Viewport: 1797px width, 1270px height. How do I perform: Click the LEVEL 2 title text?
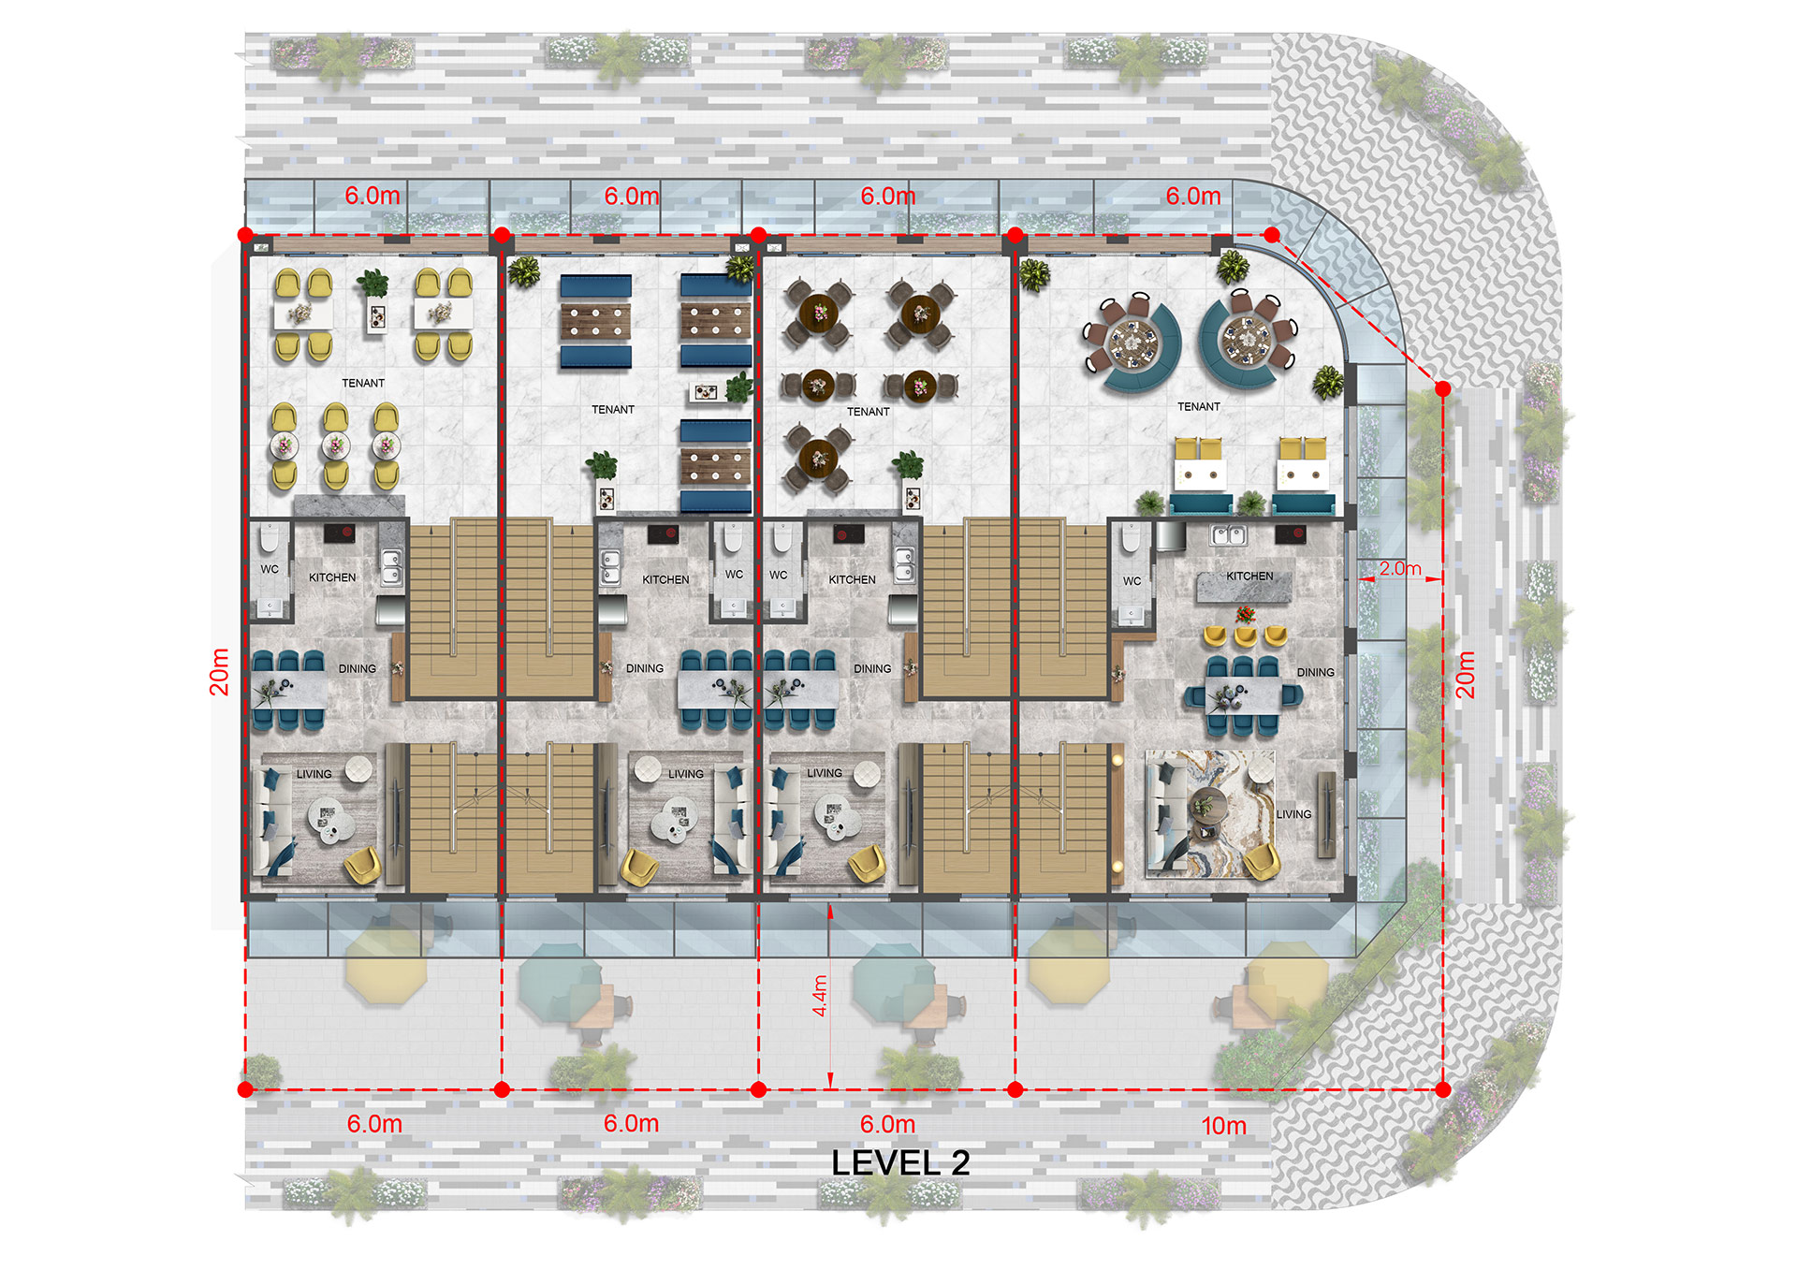point(900,1162)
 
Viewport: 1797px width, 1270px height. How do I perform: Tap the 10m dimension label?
point(1223,1126)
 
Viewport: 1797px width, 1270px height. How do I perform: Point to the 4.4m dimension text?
point(820,996)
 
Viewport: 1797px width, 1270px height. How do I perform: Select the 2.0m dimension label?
point(1399,568)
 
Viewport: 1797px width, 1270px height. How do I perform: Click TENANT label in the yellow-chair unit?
point(363,383)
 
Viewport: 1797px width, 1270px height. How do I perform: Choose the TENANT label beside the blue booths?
point(613,409)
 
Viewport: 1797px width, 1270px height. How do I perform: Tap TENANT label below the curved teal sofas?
point(1199,406)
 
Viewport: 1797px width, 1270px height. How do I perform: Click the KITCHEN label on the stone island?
point(1249,576)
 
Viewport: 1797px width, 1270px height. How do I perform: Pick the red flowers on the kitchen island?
point(1245,614)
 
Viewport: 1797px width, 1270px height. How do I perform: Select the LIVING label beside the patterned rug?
point(1293,814)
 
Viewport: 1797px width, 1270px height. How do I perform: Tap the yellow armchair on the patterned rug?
point(1262,860)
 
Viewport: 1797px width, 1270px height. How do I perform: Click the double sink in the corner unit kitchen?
point(1228,535)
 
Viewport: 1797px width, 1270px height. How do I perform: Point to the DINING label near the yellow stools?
point(1315,672)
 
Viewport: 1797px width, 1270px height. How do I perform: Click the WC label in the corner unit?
point(1132,581)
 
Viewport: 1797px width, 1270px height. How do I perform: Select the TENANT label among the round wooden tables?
point(868,411)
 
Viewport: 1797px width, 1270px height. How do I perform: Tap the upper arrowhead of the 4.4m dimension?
point(830,911)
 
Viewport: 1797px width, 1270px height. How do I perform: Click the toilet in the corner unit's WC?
point(1132,537)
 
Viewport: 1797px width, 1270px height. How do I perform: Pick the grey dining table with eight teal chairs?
point(1243,693)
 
